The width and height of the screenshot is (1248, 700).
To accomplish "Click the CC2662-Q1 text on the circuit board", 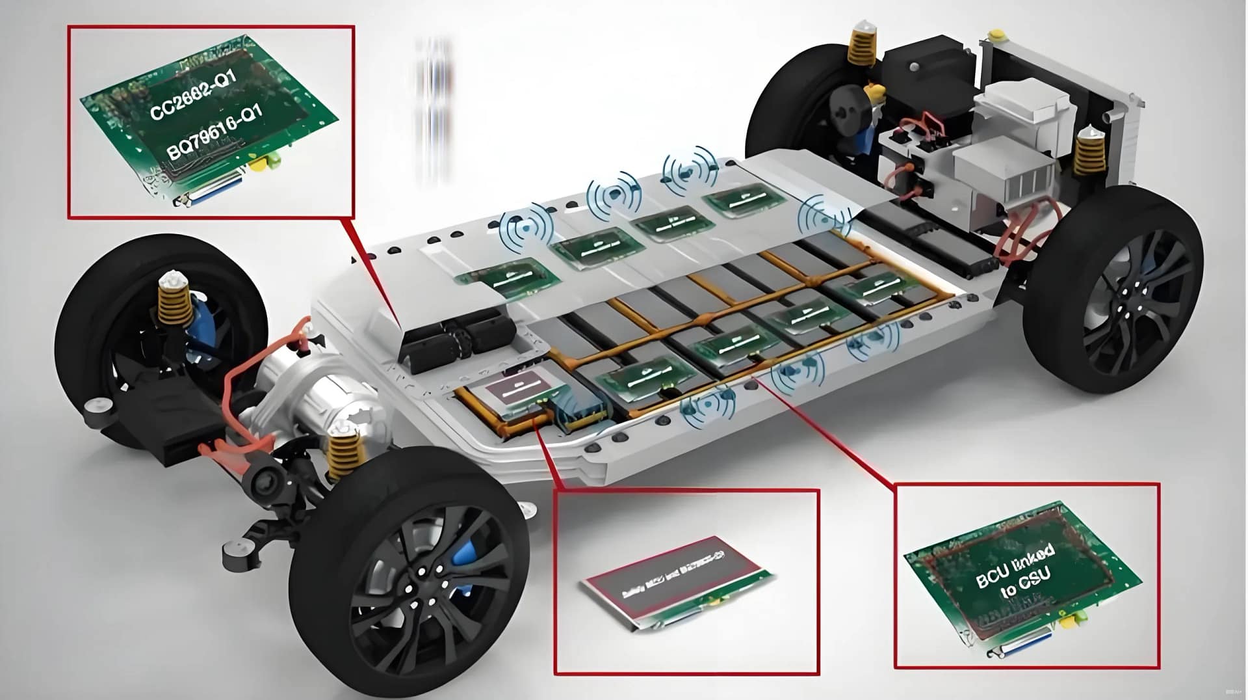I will [x=193, y=95].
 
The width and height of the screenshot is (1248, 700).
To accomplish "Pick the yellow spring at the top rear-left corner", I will [x=861, y=46].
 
